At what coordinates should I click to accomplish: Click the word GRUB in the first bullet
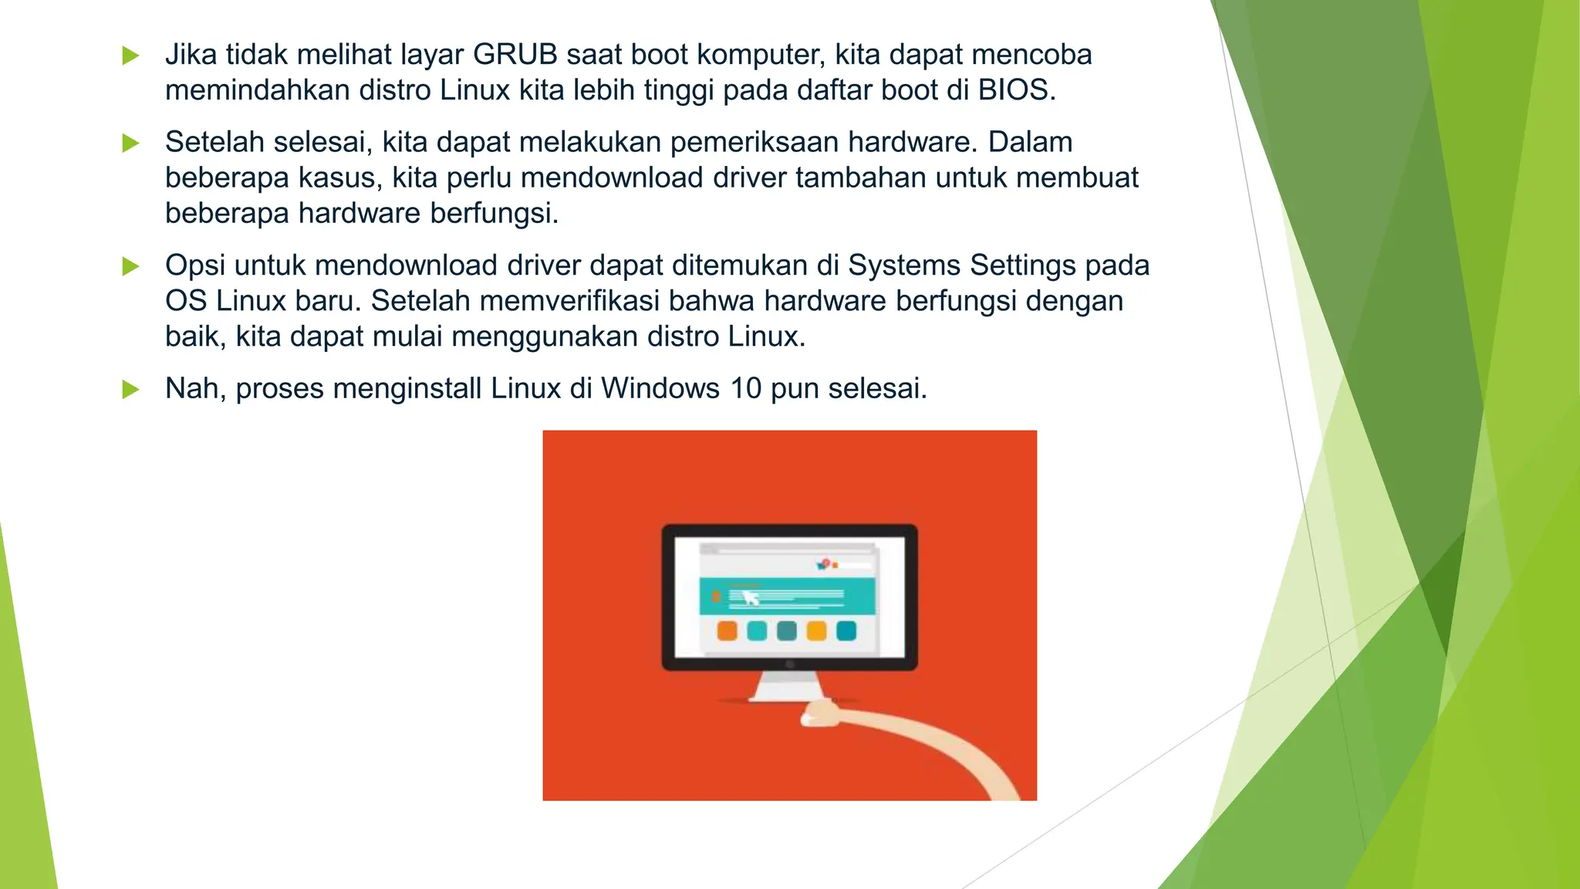(515, 55)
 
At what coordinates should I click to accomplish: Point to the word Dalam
(1030, 142)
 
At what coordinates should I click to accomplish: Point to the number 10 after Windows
(745, 388)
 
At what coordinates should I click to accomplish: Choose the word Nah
(194, 388)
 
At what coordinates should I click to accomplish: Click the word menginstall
(407, 388)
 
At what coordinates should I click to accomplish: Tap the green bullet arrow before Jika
(131, 56)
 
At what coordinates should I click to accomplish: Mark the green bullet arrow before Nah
(131, 389)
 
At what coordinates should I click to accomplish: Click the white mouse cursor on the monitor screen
(750, 598)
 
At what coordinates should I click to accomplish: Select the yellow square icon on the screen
(816, 631)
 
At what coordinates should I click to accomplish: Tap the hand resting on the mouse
(819, 713)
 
